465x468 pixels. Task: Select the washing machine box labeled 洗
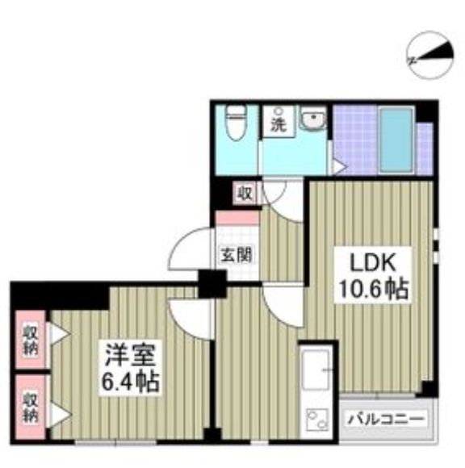coord(278,125)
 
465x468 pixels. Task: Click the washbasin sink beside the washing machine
coord(311,123)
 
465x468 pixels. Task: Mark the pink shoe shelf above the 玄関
coord(237,217)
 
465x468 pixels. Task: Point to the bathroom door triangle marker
coord(341,166)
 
